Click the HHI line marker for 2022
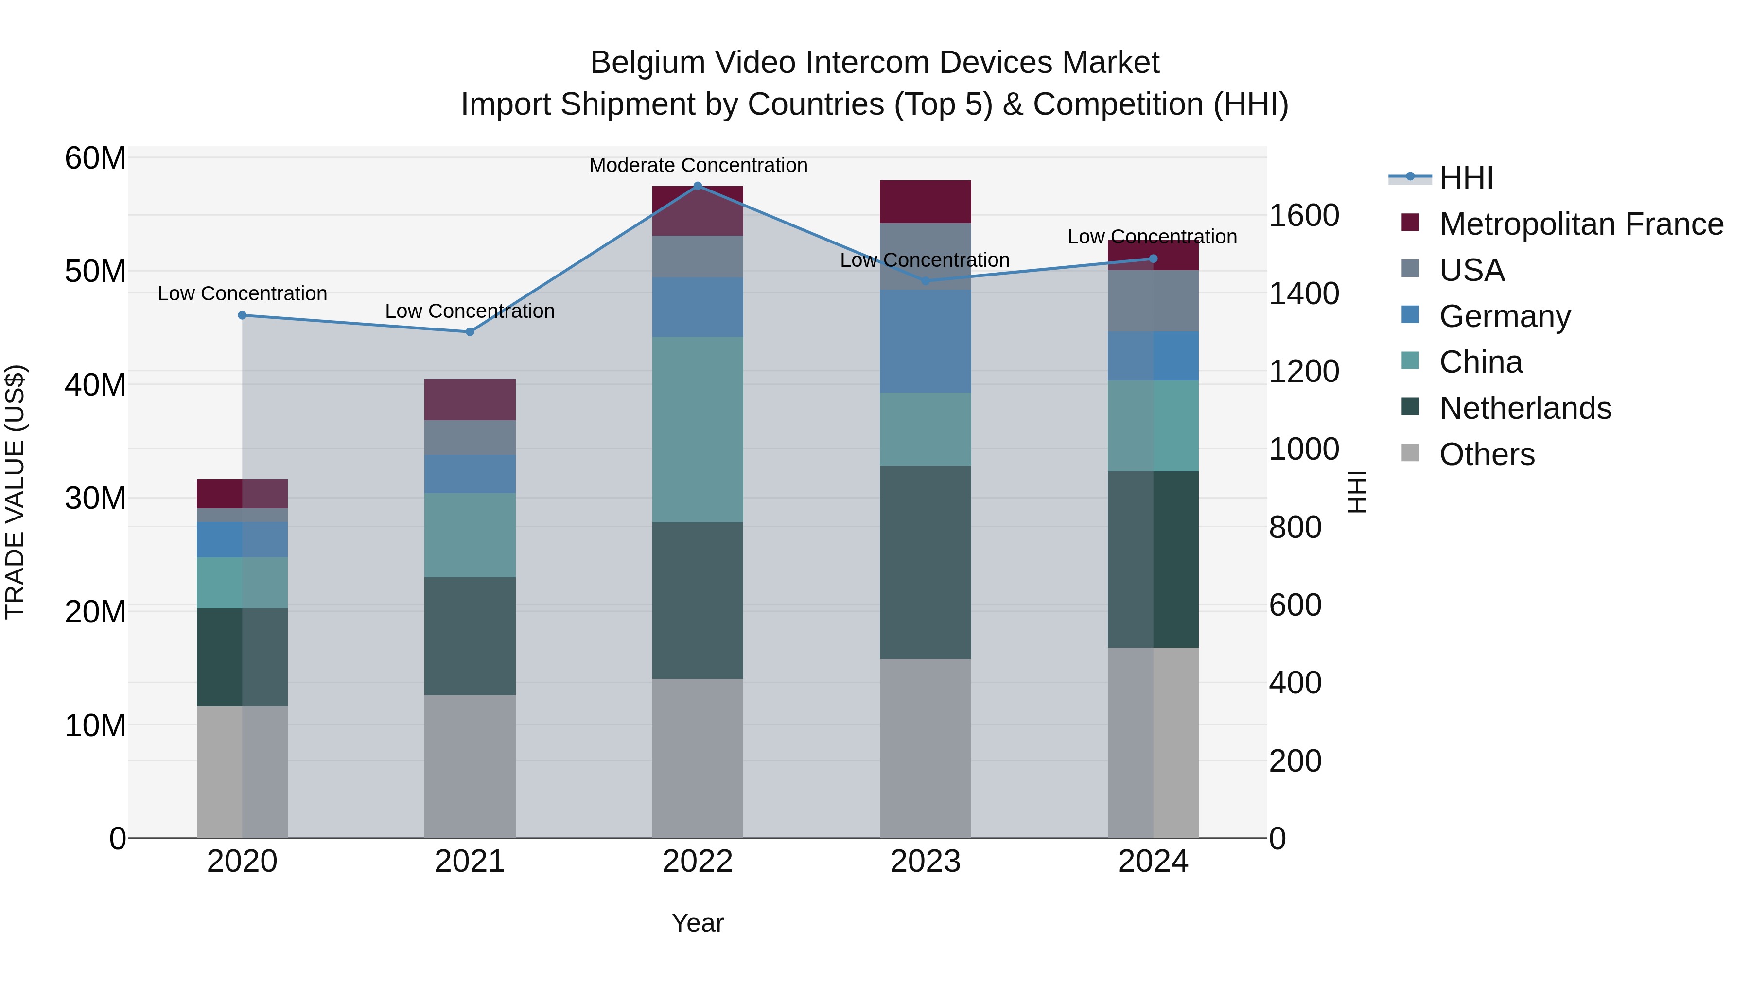click(x=698, y=186)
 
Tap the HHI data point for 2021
click(x=470, y=332)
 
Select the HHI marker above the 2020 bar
click(x=243, y=315)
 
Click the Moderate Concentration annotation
click(x=698, y=165)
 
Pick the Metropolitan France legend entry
click(x=1581, y=224)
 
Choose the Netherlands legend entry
click(x=1525, y=408)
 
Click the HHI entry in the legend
click(x=1466, y=178)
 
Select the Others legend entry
click(x=1487, y=454)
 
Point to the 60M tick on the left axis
click(x=95, y=158)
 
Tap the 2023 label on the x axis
click(x=925, y=862)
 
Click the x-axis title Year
click(x=697, y=923)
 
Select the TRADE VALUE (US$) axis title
click(x=15, y=492)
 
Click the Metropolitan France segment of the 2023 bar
click(x=925, y=202)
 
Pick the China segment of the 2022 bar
click(x=698, y=429)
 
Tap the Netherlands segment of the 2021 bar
click(x=470, y=636)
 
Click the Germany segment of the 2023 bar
click(x=925, y=341)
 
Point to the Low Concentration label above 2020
click(x=243, y=293)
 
